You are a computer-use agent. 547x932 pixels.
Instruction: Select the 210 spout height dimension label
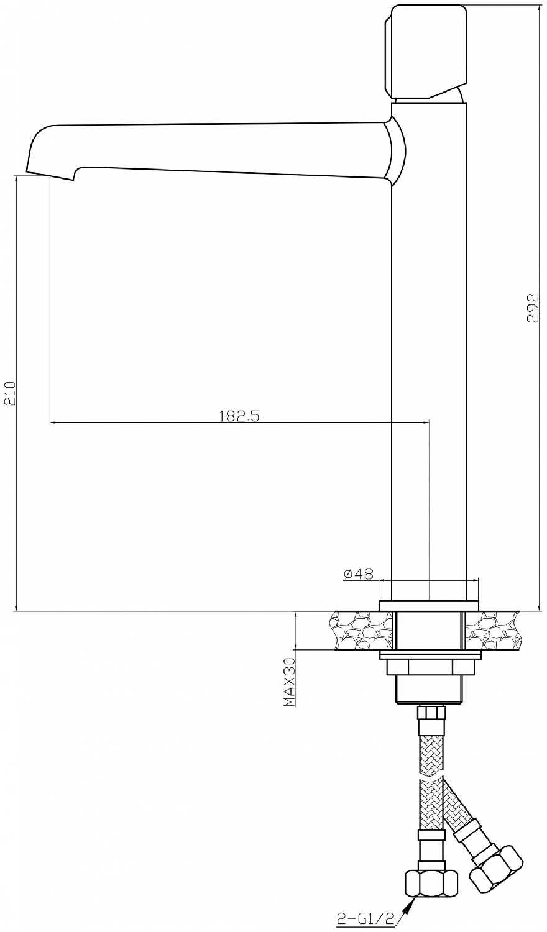[9, 393]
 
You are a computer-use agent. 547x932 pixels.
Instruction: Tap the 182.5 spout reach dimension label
[239, 416]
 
